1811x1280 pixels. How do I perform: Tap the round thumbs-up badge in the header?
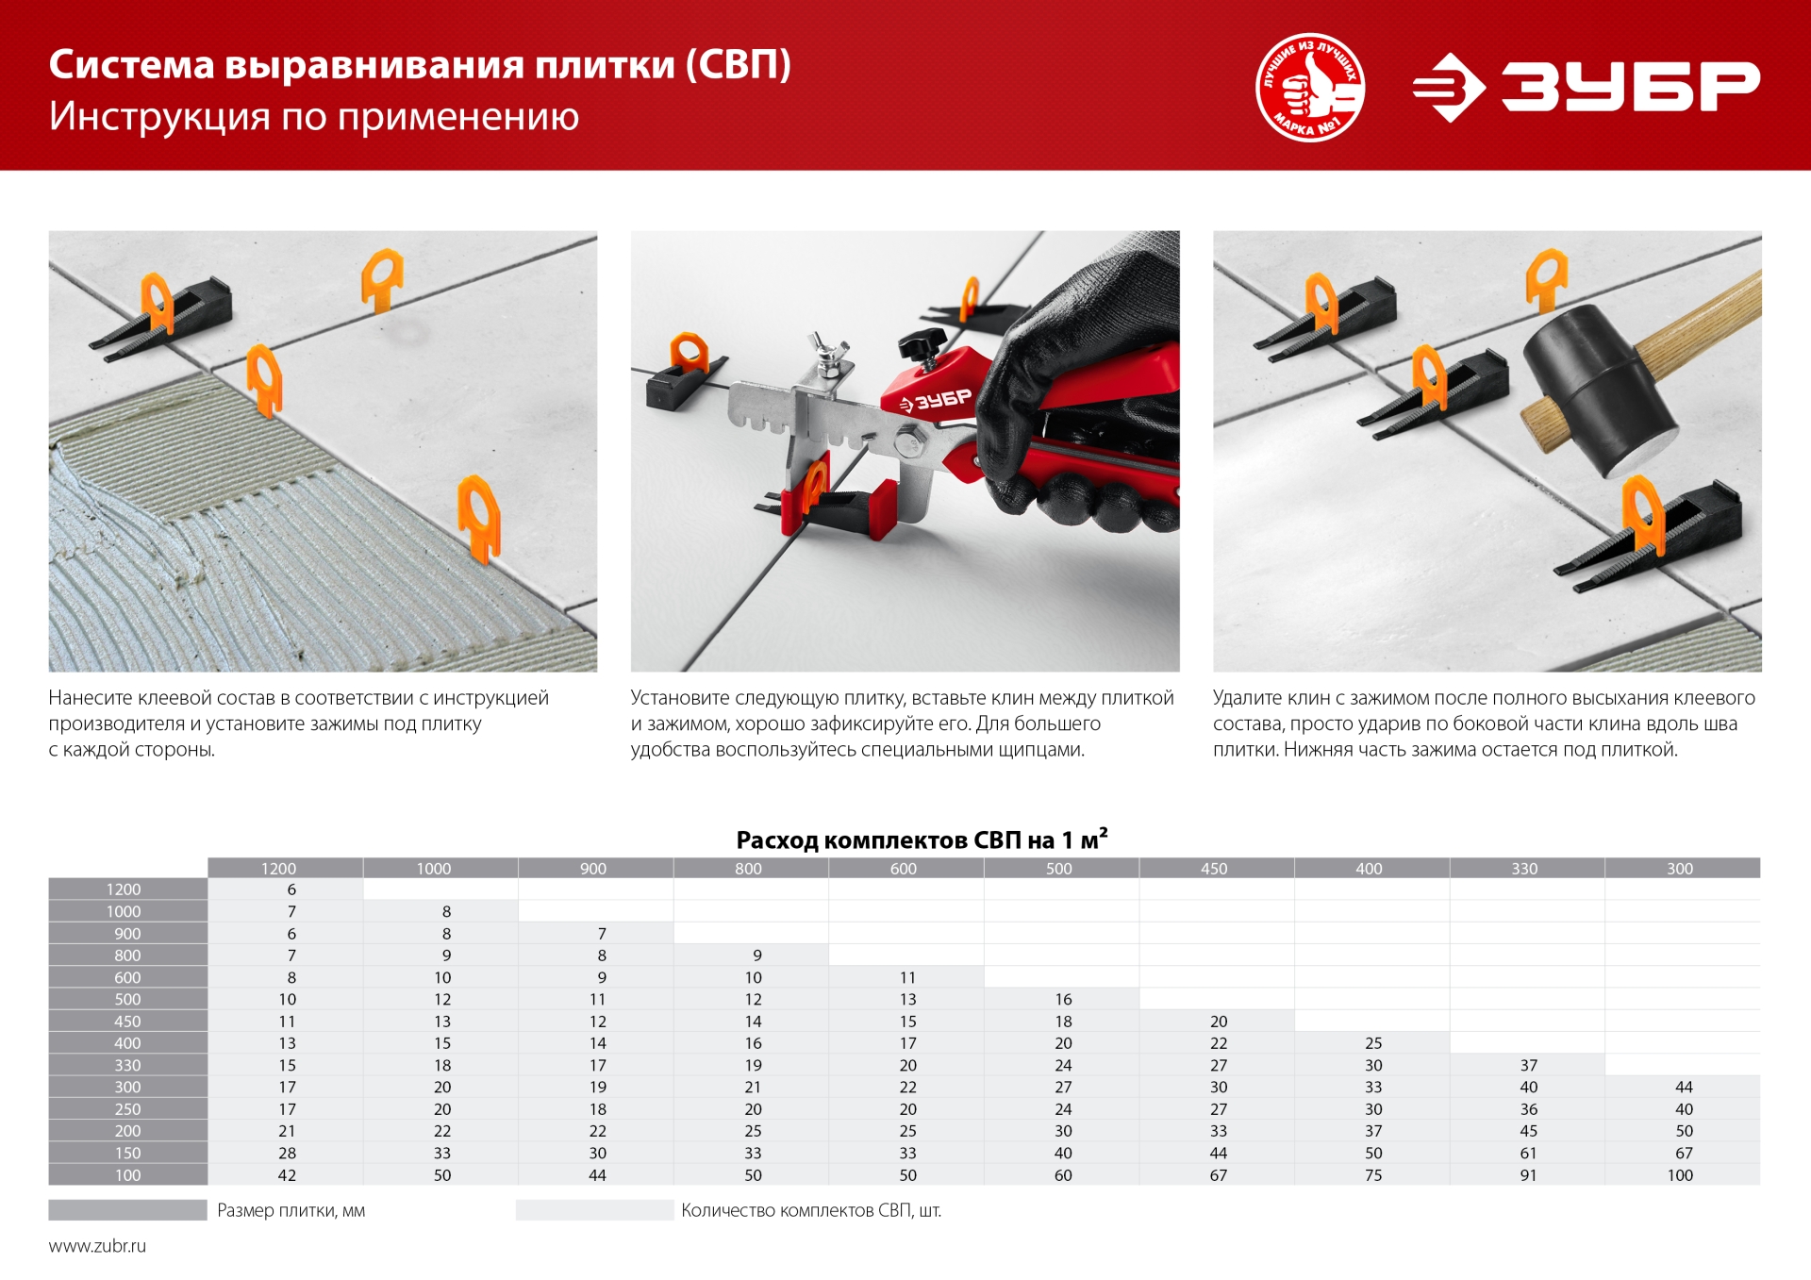tap(1309, 87)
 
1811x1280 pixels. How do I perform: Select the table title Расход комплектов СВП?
tap(921, 839)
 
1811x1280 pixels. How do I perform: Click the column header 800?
tap(748, 868)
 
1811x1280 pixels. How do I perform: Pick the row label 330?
tap(127, 1065)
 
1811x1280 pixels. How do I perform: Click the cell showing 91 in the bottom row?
tap(1527, 1175)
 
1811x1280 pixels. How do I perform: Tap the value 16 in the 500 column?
tap(1062, 999)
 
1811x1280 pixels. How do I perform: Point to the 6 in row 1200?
tap(291, 889)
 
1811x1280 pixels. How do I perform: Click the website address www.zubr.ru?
tap(97, 1246)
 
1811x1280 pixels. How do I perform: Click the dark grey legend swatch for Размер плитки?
tap(127, 1210)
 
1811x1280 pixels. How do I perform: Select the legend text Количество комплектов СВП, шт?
tap(810, 1210)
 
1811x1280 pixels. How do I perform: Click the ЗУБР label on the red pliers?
tap(936, 400)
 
